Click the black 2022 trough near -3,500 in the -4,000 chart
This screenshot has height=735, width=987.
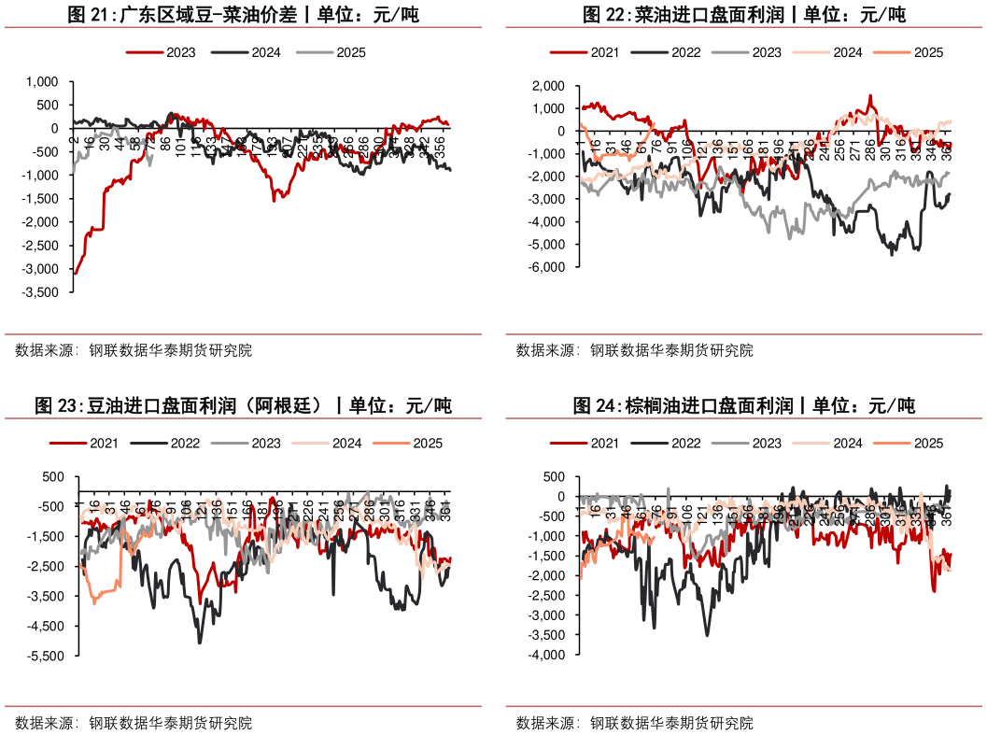[x=707, y=635]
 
